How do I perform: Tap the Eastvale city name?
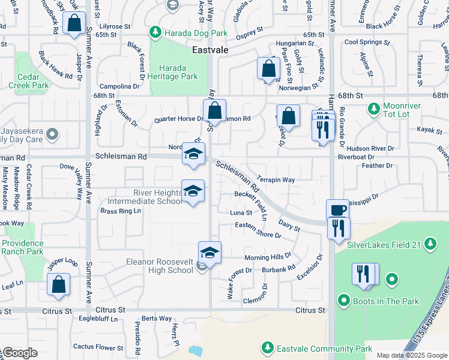point(210,50)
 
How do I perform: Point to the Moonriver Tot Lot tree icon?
point(373,108)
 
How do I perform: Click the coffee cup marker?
point(338,211)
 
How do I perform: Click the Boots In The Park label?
point(386,301)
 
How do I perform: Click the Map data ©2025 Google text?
point(411,355)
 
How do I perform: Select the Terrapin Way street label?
point(276,179)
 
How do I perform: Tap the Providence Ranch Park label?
point(22,247)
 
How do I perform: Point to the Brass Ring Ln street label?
point(117,211)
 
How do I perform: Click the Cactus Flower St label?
point(98,347)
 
